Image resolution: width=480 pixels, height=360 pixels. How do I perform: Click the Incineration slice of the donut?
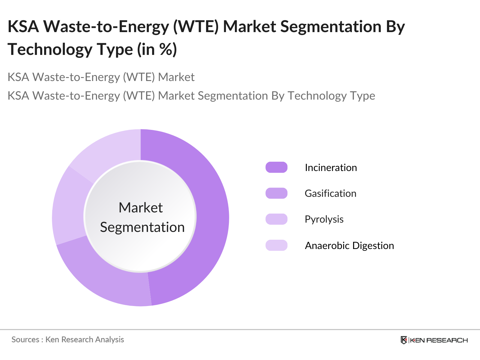(210, 216)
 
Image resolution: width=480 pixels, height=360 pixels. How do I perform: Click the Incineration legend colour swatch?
(276, 167)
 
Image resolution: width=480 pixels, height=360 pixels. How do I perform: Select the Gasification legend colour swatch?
(276, 193)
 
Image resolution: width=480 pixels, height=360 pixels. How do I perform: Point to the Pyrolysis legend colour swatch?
(276, 219)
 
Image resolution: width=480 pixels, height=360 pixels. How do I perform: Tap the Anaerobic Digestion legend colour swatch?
(276, 245)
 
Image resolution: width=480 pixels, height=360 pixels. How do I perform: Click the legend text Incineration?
(331, 167)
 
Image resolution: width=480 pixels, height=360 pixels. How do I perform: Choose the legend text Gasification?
(330, 193)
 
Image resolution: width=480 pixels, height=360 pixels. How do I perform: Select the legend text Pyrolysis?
(324, 219)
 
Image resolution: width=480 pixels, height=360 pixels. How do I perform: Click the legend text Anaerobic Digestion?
(349, 246)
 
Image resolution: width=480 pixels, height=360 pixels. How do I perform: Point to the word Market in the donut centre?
(141, 208)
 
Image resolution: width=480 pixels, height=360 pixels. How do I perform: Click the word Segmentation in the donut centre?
(142, 227)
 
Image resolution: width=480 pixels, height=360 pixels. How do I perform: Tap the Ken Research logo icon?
(404, 340)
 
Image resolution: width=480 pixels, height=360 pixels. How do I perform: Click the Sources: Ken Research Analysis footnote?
(68, 340)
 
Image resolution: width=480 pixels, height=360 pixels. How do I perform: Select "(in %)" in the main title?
(157, 49)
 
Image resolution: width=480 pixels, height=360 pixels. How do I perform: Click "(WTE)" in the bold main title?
(195, 26)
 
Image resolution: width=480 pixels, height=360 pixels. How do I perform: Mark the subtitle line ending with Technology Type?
(191, 96)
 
